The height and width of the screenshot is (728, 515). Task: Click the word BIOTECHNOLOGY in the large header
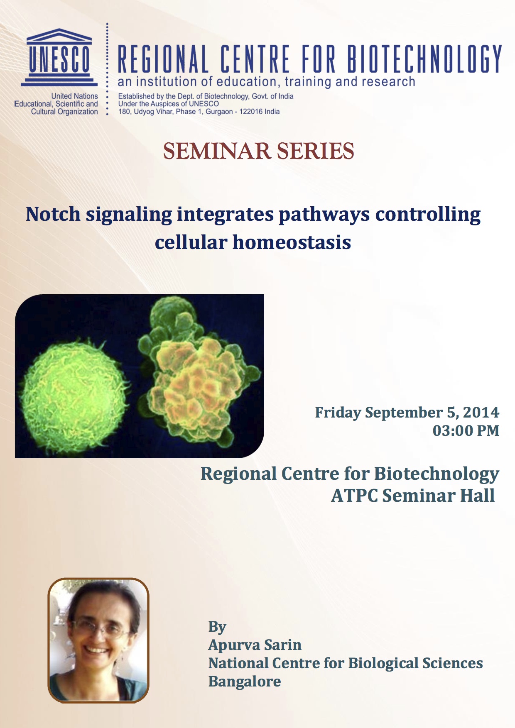[x=424, y=59]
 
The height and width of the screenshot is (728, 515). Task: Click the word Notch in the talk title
[x=53, y=214]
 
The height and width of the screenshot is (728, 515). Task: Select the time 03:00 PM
[x=466, y=430]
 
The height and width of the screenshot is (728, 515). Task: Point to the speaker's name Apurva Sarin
[x=255, y=645]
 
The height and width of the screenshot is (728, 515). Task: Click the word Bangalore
[x=245, y=681]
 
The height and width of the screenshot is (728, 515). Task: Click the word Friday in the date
[x=338, y=413]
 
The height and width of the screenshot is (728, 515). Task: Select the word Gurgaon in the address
[x=219, y=112]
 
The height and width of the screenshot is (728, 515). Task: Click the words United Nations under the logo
[x=75, y=96]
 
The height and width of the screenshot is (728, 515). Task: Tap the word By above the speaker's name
[x=217, y=627]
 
